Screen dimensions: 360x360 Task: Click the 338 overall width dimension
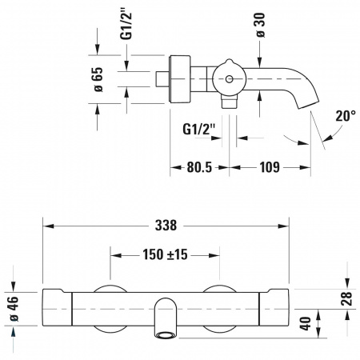pyautogui.click(x=166, y=226)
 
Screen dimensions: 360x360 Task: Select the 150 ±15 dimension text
pyautogui.click(x=165, y=254)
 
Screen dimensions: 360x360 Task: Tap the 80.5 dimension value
pyautogui.click(x=199, y=167)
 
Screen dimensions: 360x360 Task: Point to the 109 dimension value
pyautogui.click(x=270, y=167)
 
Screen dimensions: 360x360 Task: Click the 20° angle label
pyautogui.click(x=346, y=116)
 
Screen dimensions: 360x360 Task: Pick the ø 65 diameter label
pyautogui.click(x=98, y=79)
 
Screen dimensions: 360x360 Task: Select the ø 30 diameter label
pyautogui.click(x=260, y=25)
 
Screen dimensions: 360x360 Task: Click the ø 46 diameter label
pyautogui.click(x=13, y=309)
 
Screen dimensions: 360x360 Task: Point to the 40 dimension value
pyautogui.click(x=306, y=323)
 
